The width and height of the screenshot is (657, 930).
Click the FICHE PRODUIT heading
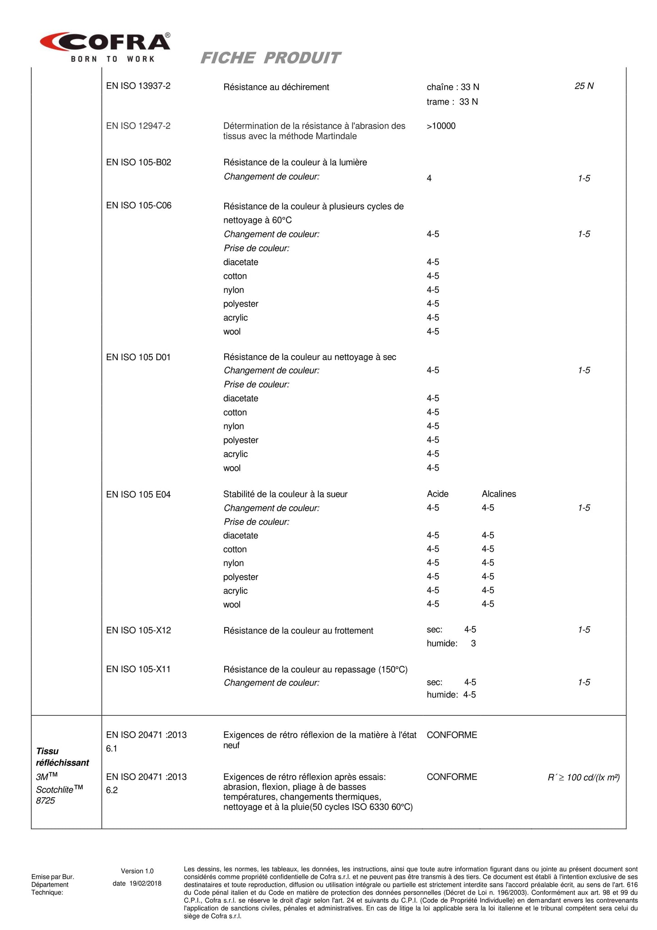click(270, 58)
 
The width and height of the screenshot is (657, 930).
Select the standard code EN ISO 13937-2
click(138, 86)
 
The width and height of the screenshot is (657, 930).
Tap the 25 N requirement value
click(584, 86)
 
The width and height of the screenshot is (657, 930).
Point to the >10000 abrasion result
click(441, 126)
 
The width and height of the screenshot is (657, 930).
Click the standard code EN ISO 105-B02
click(139, 162)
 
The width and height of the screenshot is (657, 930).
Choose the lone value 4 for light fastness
click(429, 178)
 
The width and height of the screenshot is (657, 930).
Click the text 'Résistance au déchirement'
click(276, 87)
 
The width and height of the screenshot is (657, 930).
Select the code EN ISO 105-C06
click(139, 206)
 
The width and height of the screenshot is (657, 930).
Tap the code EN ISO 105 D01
click(138, 357)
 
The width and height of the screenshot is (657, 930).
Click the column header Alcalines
click(499, 494)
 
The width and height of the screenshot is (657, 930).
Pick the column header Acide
click(437, 494)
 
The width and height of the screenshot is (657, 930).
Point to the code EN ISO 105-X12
click(139, 630)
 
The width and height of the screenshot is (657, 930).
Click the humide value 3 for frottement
click(473, 643)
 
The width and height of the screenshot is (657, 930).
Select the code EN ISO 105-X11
click(138, 669)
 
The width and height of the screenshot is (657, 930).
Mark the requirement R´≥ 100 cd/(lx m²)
click(583, 777)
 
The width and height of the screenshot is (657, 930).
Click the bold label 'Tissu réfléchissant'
click(62, 757)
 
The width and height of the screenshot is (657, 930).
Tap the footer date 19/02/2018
click(145, 884)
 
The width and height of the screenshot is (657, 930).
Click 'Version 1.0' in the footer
click(137, 871)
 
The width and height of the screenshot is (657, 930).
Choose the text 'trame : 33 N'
click(452, 102)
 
